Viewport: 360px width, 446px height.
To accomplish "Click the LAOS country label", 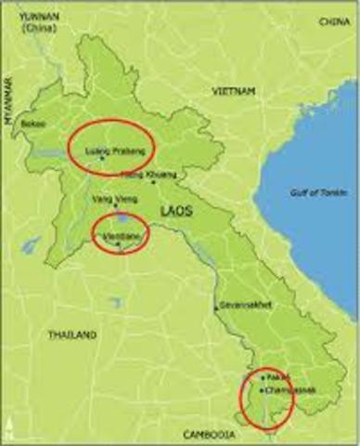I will tap(176, 212).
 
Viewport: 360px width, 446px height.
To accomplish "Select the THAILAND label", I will tap(73, 334).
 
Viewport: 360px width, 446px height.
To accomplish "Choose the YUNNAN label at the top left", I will tap(27, 16).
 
